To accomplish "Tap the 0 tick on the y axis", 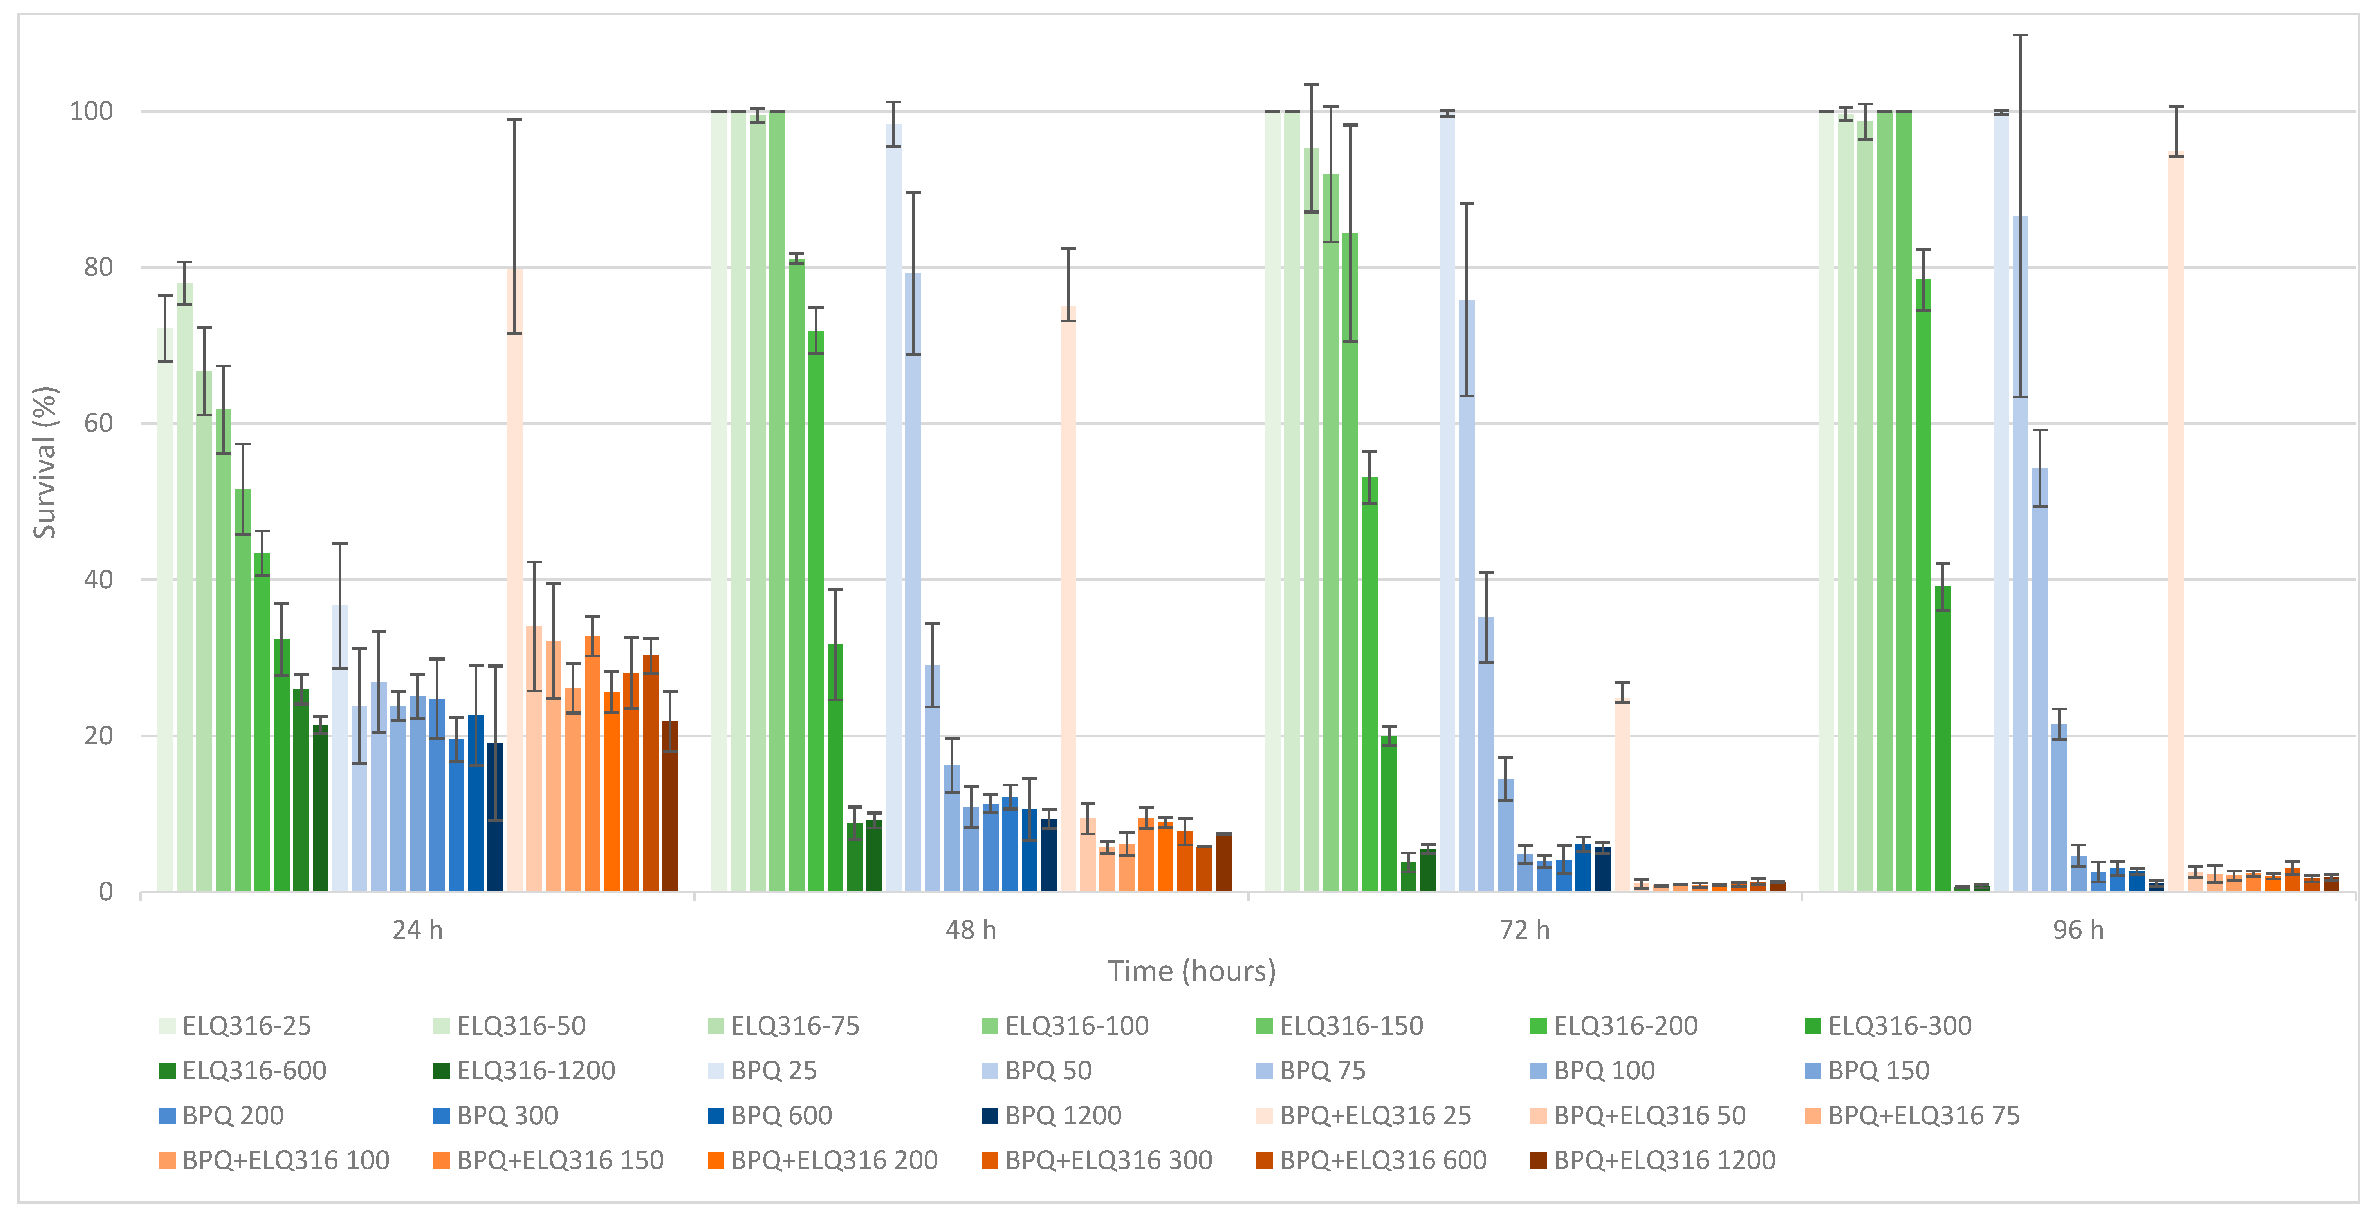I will point(106,892).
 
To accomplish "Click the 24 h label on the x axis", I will point(417,930).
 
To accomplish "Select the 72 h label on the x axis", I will point(1524,930).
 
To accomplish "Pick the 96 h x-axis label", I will point(2078,930).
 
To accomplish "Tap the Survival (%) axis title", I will point(44,462).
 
